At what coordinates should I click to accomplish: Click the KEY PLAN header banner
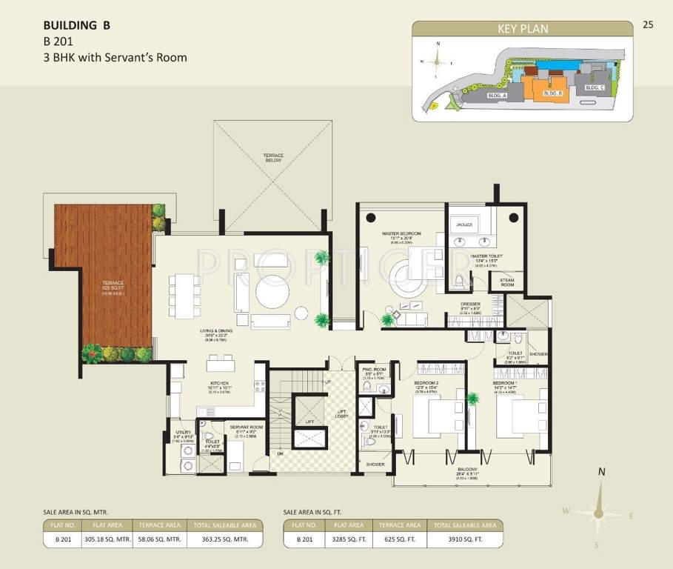point(523,29)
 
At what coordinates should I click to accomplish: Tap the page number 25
point(648,24)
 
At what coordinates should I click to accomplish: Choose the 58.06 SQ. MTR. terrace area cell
point(161,540)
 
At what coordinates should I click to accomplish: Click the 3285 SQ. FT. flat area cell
point(350,540)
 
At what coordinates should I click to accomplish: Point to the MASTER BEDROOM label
point(401,233)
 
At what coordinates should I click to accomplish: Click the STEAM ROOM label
point(506,282)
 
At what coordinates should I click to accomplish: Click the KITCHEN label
point(220,384)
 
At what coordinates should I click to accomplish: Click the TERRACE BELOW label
point(273,157)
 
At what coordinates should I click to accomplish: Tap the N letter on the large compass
point(602,472)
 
